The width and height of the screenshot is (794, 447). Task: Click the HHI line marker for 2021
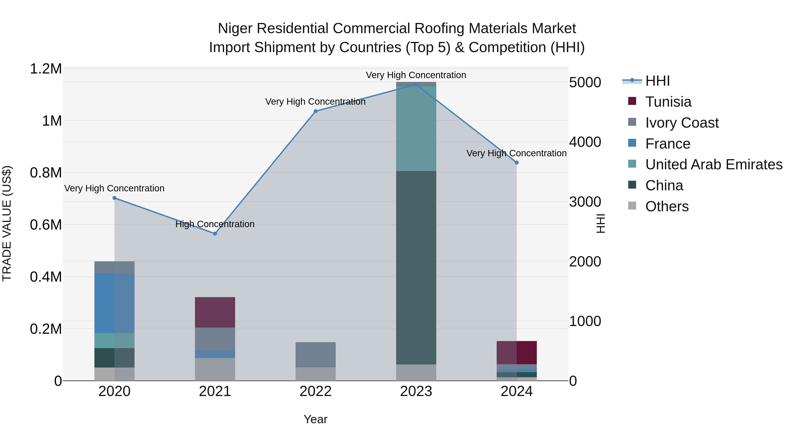coord(215,234)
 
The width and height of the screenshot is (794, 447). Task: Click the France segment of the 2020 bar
coord(114,303)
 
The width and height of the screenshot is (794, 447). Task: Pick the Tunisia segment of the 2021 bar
coord(215,312)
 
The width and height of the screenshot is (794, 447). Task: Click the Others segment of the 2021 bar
coord(215,369)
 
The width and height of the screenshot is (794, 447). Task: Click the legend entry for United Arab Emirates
coord(713,164)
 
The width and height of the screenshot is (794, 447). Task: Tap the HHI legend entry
coord(657,81)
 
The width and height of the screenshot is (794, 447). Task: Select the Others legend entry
coord(667,206)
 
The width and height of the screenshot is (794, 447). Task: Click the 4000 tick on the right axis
coord(585,142)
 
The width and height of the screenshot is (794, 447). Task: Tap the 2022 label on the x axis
coord(315,391)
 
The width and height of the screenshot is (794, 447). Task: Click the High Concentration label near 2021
coord(215,224)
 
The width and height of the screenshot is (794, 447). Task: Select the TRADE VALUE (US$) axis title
coord(7,223)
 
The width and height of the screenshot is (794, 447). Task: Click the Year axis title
coord(315,419)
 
